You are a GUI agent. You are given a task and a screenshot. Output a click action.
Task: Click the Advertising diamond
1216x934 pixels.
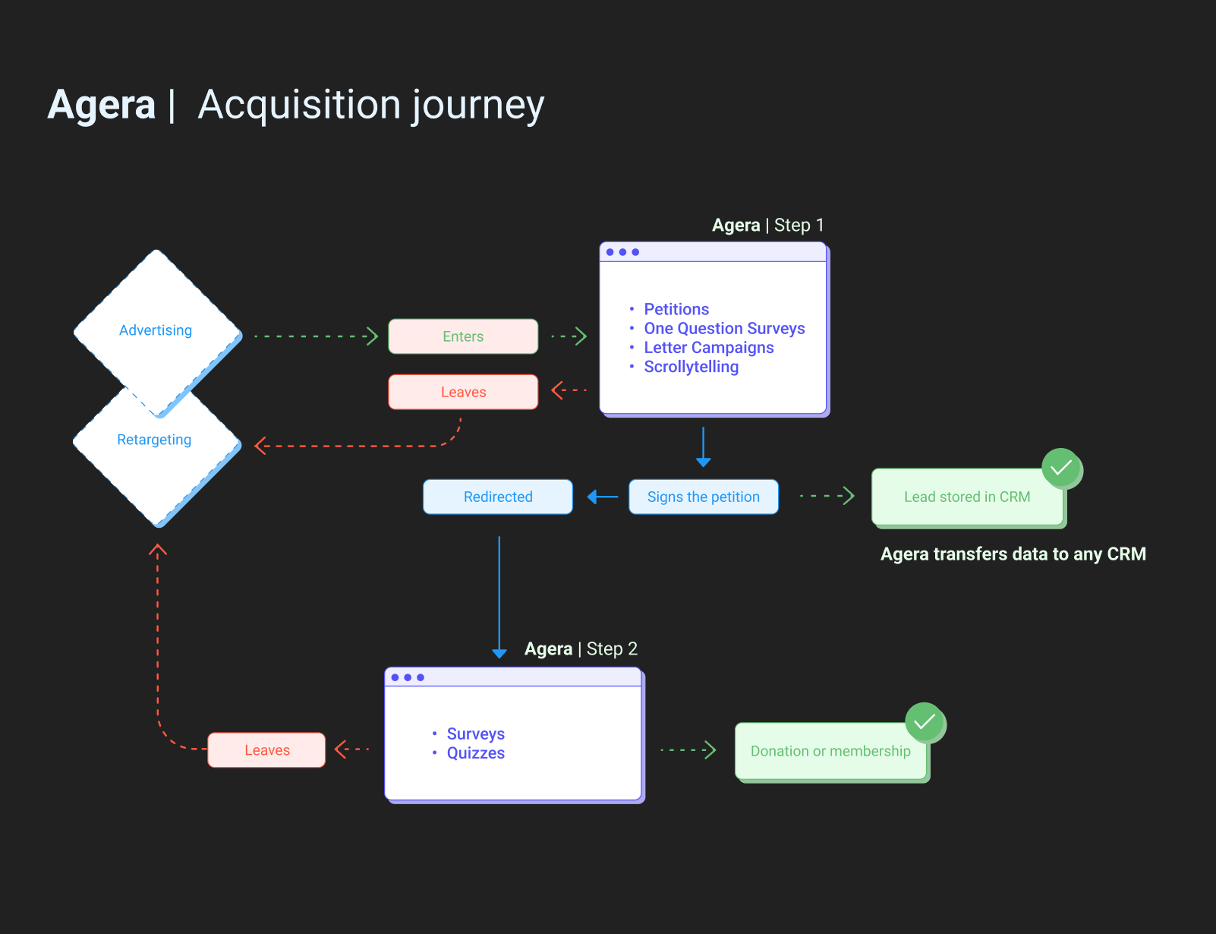coord(156,330)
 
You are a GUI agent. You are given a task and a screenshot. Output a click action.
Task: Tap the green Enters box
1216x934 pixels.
coord(463,336)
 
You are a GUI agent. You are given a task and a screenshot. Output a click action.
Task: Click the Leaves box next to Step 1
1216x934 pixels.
coord(463,392)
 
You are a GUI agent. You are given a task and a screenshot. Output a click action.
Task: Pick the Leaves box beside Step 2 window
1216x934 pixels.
coord(266,750)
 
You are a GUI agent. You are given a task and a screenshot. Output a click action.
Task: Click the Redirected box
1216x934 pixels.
coord(498,497)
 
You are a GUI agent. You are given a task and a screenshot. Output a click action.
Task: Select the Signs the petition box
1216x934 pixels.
coord(703,497)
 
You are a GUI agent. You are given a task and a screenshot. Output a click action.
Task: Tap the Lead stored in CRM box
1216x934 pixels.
coord(966,497)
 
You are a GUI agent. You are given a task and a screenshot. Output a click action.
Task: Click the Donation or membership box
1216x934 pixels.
coord(830,751)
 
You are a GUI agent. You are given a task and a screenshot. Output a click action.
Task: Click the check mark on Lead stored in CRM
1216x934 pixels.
coord(1061,468)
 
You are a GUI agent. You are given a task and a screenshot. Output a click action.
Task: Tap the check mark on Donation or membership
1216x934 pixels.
coord(925,721)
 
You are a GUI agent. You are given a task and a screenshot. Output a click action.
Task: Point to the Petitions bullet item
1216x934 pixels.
coord(676,309)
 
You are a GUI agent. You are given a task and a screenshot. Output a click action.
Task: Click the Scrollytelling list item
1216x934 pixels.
coord(691,367)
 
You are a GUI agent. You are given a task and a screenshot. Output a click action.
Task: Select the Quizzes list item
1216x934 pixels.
coord(475,753)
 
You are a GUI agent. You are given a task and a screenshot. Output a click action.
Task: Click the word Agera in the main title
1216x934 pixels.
coord(102,105)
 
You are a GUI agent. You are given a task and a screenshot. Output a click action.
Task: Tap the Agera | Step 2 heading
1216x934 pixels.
coord(581,649)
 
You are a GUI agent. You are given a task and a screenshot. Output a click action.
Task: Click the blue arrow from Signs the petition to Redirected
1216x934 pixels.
coord(603,497)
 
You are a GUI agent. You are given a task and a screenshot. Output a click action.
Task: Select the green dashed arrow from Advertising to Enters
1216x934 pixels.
coord(316,336)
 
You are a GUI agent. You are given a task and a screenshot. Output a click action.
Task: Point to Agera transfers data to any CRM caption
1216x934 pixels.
coord(1013,554)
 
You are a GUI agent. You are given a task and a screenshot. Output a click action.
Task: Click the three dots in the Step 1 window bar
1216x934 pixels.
coord(622,252)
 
